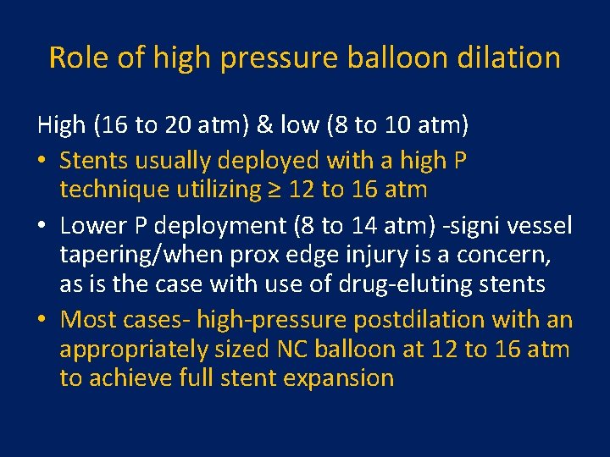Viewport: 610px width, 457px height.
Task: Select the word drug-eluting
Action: tap(392, 284)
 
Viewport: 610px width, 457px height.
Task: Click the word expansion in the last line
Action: tap(341, 378)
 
